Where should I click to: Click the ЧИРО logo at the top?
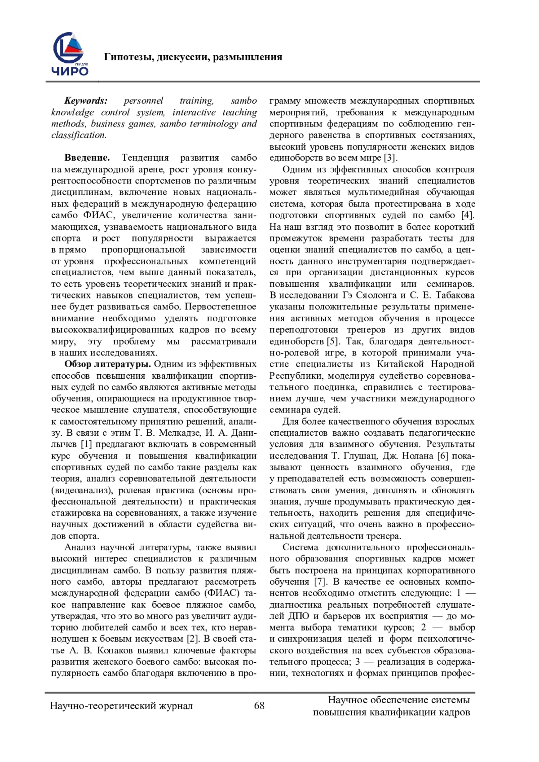(71, 53)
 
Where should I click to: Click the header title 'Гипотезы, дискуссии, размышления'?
(193, 57)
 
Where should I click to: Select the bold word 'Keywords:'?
(86, 101)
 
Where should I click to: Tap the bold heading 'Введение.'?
(87, 158)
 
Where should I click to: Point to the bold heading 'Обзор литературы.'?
(106, 364)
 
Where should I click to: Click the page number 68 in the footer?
(260, 705)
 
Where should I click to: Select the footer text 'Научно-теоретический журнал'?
(121, 706)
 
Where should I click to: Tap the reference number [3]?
(389, 158)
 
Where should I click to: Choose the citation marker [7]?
(318, 582)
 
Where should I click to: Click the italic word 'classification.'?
(79, 135)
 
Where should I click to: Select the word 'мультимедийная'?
(382, 193)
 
